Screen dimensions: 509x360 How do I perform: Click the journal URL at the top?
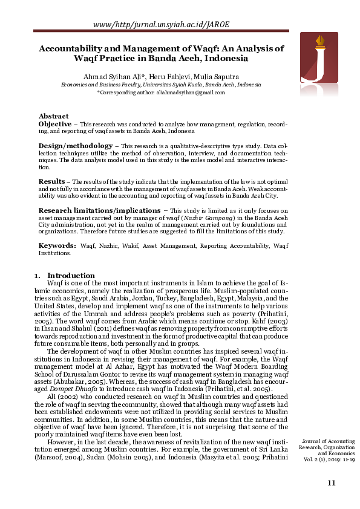162,24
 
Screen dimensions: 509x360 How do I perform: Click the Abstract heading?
54,116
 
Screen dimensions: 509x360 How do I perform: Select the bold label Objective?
55,123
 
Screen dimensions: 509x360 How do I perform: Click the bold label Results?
51,181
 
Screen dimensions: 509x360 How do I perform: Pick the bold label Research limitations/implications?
99,210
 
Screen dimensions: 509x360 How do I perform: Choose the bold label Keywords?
57,245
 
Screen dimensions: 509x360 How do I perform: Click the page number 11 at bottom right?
330,482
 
